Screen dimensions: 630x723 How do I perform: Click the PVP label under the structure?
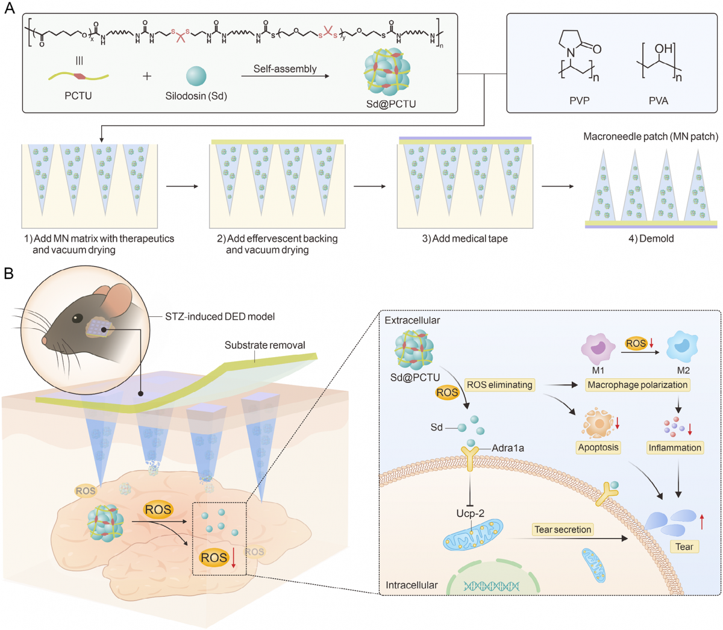(x=579, y=101)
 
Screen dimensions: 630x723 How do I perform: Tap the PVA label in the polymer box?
(x=658, y=101)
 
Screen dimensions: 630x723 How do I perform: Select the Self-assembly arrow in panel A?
(x=285, y=76)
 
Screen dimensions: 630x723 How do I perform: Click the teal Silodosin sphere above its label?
(x=196, y=76)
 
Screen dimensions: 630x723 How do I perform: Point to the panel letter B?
(x=8, y=273)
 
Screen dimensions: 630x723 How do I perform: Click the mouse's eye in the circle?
(x=77, y=318)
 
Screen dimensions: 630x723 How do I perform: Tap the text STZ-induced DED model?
(x=220, y=316)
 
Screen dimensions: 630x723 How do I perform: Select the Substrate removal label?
(x=264, y=345)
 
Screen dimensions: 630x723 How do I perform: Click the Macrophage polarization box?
(x=637, y=384)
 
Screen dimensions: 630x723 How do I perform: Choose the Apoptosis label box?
(x=598, y=448)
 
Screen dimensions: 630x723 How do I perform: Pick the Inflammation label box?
(x=675, y=448)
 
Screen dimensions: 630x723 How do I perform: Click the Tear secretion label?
(x=563, y=529)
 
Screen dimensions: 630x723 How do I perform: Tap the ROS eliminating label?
(x=499, y=384)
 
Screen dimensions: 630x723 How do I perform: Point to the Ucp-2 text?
(x=470, y=514)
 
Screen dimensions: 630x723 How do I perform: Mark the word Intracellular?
(x=412, y=585)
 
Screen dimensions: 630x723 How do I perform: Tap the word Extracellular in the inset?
(x=412, y=320)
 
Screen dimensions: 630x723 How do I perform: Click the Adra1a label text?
(x=508, y=448)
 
